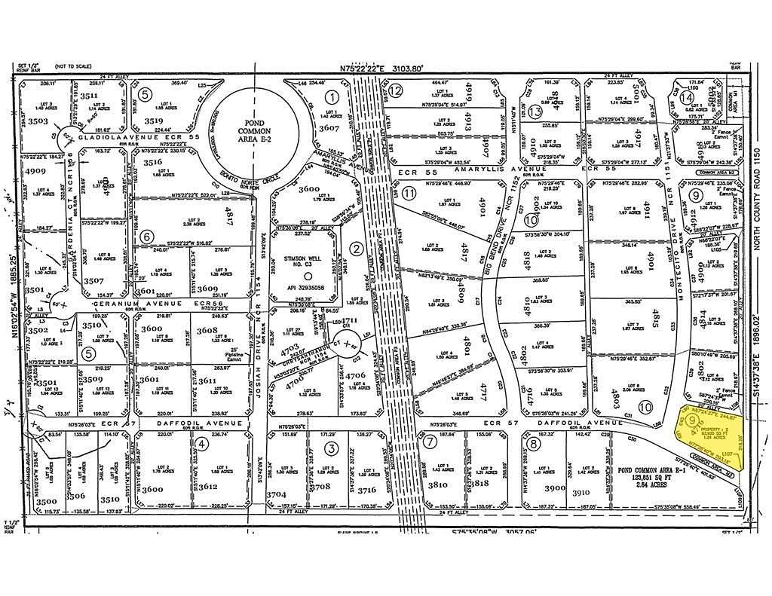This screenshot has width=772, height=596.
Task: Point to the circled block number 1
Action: (330, 96)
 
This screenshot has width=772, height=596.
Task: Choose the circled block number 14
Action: (685, 98)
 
